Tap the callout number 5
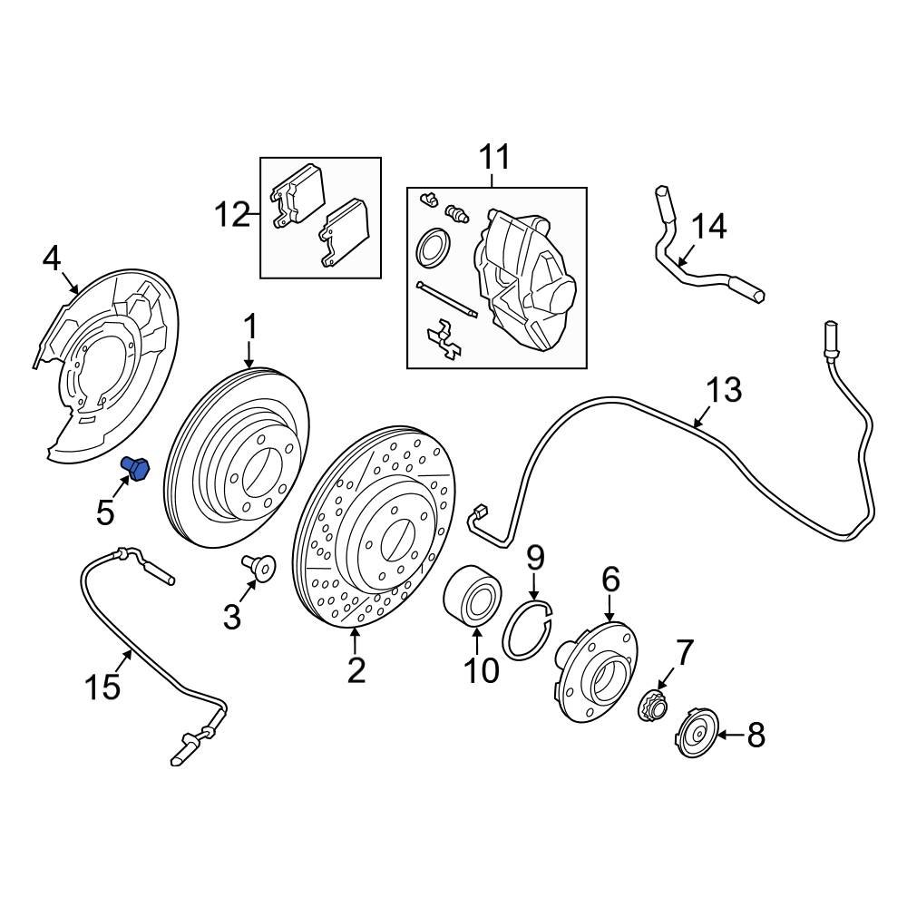coord(105,512)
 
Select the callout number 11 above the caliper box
coord(495,157)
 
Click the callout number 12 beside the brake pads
coord(232,215)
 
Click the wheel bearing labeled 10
coord(473,597)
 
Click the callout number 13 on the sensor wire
coord(724,390)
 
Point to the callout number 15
coord(103,688)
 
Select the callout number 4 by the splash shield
coord(52,258)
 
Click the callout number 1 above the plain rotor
coord(250,328)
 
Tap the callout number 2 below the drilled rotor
coord(356,670)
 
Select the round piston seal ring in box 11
coord(434,248)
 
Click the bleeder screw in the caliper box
coord(457,213)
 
